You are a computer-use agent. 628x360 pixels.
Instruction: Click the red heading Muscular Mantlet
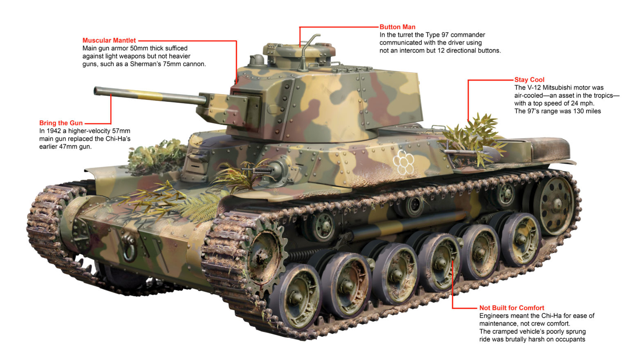pos(109,40)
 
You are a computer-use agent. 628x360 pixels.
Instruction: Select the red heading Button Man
pos(397,27)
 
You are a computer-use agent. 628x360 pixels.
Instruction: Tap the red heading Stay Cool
pos(529,80)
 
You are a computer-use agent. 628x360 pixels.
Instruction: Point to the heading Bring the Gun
pos(61,123)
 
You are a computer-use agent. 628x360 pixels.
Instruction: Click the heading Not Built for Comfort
pos(511,308)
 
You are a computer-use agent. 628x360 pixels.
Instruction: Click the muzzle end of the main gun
pos(97,91)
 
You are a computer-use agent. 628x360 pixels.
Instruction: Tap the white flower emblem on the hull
pos(403,162)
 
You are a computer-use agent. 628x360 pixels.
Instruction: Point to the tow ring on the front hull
pos(130,248)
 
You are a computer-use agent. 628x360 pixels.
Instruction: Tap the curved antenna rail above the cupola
pos(310,41)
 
